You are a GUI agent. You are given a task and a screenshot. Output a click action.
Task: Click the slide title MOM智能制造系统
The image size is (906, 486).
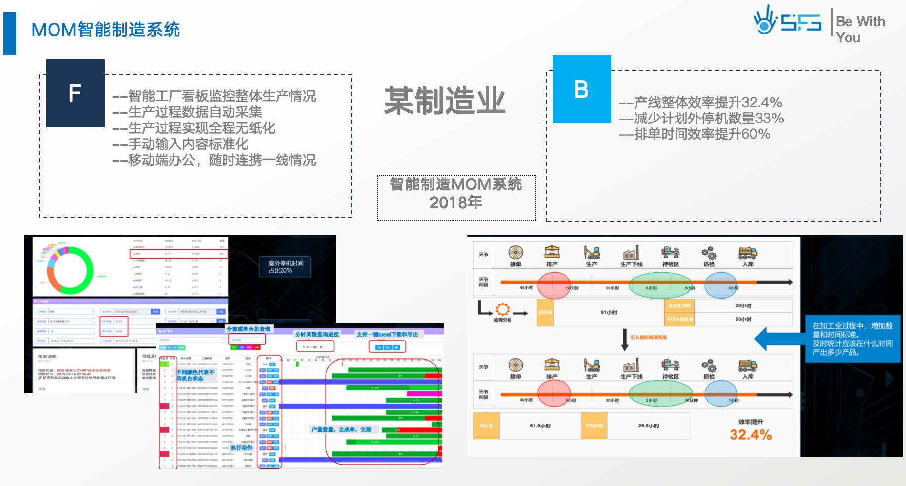coord(106,30)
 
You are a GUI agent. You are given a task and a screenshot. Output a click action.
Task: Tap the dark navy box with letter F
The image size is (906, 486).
coord(75,93)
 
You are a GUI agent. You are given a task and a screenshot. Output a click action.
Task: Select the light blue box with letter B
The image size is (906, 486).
coord(581,89)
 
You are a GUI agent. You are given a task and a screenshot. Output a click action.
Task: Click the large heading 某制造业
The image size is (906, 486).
coord(445,101)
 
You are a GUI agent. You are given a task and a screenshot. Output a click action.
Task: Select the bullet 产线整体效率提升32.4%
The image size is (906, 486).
coord(700,103)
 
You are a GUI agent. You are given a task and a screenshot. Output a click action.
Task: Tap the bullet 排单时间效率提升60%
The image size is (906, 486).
coord(694,134)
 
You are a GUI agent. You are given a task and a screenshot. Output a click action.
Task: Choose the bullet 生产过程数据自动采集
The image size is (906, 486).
coord(187,112)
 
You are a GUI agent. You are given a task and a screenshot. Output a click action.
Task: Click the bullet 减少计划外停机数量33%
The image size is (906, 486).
coord(701,119)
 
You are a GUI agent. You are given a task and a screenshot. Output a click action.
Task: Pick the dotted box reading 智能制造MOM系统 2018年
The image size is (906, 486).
coord(456,197)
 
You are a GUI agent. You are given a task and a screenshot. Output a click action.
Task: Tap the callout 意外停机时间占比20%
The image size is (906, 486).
coord(285,267)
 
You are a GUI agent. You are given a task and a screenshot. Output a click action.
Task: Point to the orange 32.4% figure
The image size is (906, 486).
coord(750,435)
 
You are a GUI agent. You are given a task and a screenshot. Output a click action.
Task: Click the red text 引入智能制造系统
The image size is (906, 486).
coord(648,337)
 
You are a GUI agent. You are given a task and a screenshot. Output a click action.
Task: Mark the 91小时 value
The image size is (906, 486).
coord(609,312)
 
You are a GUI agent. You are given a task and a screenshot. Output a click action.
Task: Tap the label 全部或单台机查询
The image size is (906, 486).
coord(248,329)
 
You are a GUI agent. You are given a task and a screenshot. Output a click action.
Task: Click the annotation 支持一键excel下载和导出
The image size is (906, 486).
coord(387,334)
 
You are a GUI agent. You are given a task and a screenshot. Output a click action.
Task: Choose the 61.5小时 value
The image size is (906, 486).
coord(540,426)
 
